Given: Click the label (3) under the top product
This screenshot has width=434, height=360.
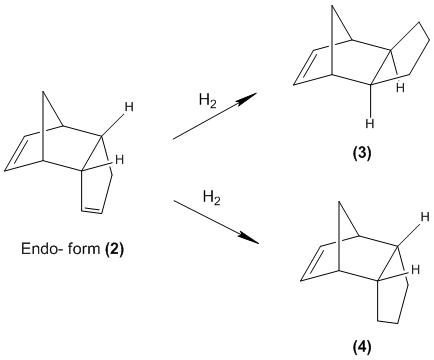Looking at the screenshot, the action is [361, 153].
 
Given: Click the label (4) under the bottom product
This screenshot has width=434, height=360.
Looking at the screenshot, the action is [361, 348].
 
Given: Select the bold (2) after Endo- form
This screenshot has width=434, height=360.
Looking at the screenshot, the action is [114, 249].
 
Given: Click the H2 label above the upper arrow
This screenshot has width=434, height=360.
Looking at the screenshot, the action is [208, 101].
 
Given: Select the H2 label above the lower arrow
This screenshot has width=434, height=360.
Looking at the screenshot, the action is [212, 198].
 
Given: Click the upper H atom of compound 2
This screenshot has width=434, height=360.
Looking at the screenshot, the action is [129, 107].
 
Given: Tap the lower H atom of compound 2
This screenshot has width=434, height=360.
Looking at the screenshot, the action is [119, 160].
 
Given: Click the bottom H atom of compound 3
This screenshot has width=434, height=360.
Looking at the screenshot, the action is [370, 124].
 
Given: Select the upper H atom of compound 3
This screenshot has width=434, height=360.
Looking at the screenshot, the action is [400, 88].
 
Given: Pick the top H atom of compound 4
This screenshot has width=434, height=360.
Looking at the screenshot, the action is [425, 217].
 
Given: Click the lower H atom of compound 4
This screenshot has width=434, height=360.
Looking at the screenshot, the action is [415, 270].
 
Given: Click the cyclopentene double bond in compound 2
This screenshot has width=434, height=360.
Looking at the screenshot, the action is [92, 209].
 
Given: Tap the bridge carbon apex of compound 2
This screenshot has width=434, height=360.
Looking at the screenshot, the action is [43, 91].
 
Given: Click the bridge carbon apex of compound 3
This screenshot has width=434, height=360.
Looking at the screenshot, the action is [332, 6].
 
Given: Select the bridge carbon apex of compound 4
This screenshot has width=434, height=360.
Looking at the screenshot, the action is [339, 202].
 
